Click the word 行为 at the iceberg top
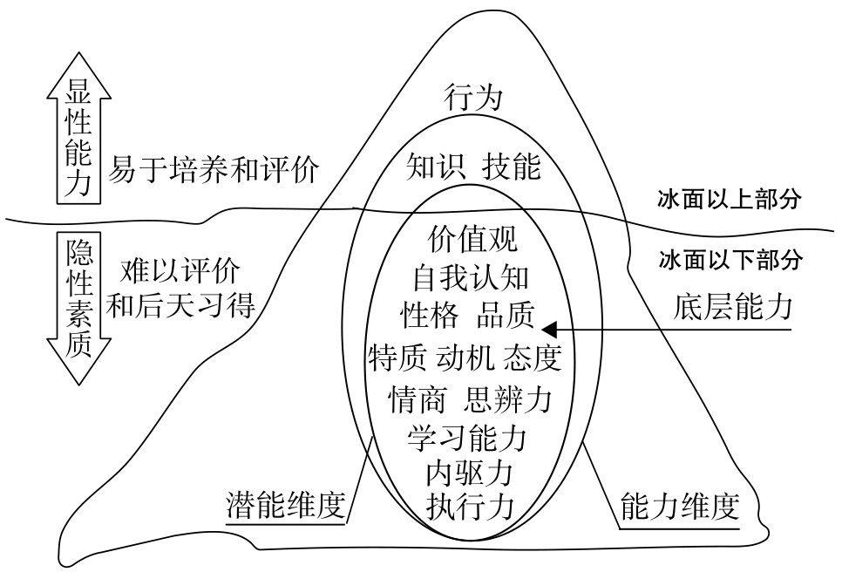[x=473, y=97]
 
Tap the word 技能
[x=513, y=166]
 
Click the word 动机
[x=472, y=358]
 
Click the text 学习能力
[x=467, y=436]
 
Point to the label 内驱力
[x=468, y=473]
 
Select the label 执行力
[x=469, y=506]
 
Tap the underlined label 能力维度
[x=680, y=505]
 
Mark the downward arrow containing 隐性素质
[x=79, y=305]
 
